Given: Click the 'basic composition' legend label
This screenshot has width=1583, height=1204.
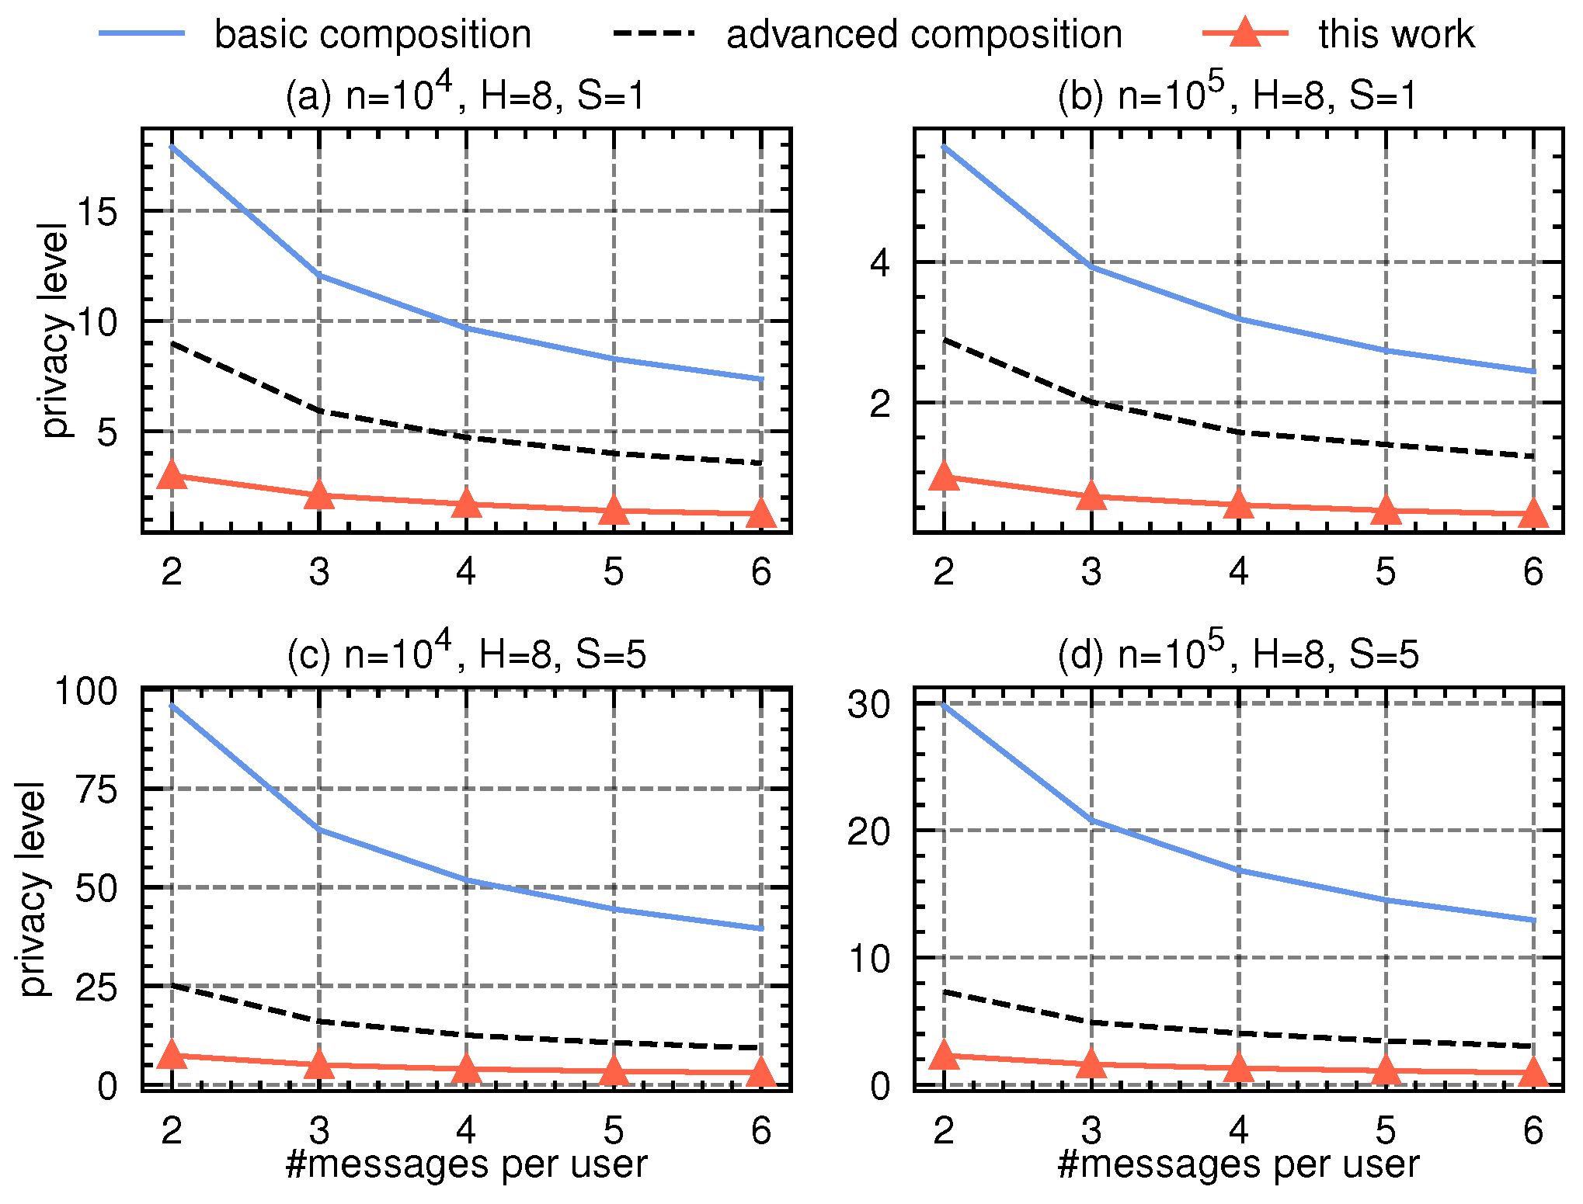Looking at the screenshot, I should pyautogui.click(x=373, y=35).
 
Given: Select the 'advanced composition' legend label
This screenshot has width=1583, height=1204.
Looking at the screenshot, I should pyautogui.click(x=924, y=35).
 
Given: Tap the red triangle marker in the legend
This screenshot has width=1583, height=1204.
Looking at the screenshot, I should pyautogui.click(x=1245, y=33).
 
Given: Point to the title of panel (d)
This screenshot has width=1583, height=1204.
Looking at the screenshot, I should pyautogui.click(x=1238, y=654).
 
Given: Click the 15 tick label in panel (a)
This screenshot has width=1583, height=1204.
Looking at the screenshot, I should pyautogui.click(x=98, y=211).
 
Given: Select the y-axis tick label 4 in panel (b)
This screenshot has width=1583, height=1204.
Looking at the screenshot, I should pyautogui.click(x=880, y=263).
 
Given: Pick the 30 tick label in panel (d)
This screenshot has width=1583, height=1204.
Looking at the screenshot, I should pyautogui.click(x=868, y=705).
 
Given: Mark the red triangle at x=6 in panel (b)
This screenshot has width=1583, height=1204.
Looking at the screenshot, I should pyautogui.click(x=1533, y=513).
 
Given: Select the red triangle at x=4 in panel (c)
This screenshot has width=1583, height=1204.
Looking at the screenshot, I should pyautogui.click(x=466, y=1069).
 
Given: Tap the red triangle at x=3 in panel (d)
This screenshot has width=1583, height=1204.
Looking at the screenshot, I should pyautogui.click(x=1091, y=1063).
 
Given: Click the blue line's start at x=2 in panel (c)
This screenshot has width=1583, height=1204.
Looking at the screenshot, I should pyautogui.click(x=172, y=705).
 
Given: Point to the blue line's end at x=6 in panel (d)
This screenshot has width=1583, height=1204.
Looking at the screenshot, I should pyautogui.click(x=1533, y=921).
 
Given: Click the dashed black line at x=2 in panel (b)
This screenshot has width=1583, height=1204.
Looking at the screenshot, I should pyautogui.click(x=944, y=339).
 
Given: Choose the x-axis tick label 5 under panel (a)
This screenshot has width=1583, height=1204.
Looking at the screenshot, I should pyautogui.click(x=614, y=572).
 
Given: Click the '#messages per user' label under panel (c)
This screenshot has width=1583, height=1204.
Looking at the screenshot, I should pyautogui.click(x=466, y=1164).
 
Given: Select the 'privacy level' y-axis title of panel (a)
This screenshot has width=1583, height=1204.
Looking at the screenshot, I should pyautogui.click(x=54, y=330).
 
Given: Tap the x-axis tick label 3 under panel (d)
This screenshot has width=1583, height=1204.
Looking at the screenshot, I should pyautogui.click(x=1091, y=1130).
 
